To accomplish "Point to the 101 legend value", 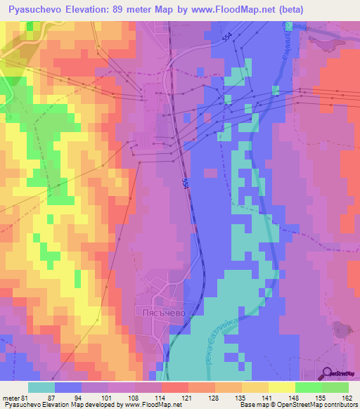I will [x=109, y=397].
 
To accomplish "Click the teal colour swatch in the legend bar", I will [x=41, y=387].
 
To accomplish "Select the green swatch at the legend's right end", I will [x=335, y=387].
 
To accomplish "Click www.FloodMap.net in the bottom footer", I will [x=144, y=405].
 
